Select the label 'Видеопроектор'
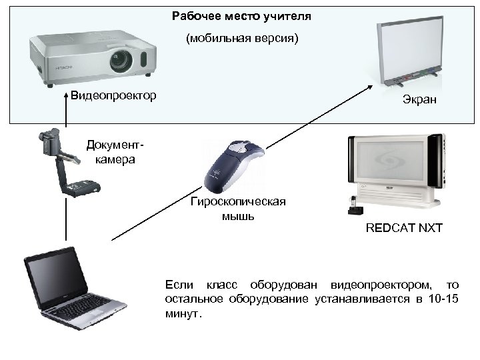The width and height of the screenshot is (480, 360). click(x=113, y=95)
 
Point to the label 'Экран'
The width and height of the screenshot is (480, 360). click(x=419, y=101)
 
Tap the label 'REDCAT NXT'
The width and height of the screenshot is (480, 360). click(x=404, y=229)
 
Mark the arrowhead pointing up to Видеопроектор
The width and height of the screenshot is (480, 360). click(x=66, y=95)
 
